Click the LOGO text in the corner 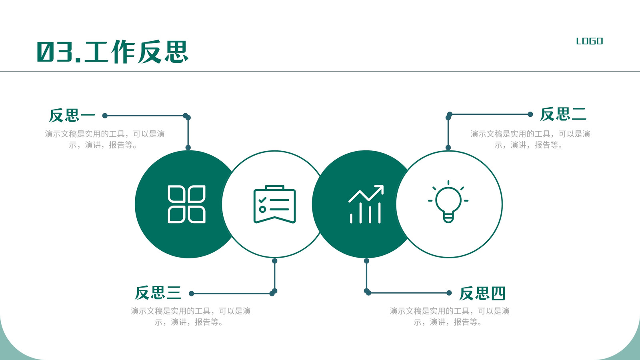pos(590,41)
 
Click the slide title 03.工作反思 pos(112,52)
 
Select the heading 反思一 pos(72,116)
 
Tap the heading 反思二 pos(563,114)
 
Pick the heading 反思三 pos(158,293)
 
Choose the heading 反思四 pos(482,293)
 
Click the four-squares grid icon pos(186,204)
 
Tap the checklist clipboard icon pos(274,204)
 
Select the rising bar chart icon pos(366,204)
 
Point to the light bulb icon pos(448,202)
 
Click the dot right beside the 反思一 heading pos(105,116)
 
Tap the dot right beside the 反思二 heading pos(530,114)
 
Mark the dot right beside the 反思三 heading pos(192,294)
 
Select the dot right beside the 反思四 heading pos(449,293)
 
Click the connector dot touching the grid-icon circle pos(188,148)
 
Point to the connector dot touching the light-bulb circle pos(448,148)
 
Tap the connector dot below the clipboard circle pos(274,261)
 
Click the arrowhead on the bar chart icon pos(379,190)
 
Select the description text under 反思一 pos(105,140)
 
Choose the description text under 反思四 pos(450,316)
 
